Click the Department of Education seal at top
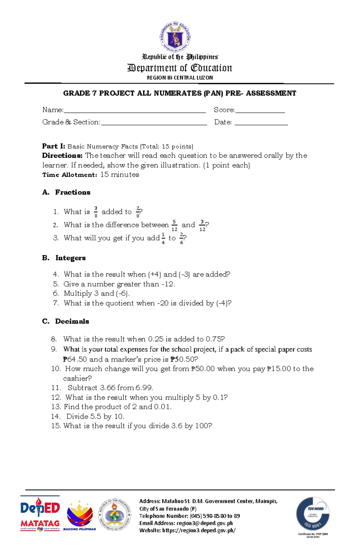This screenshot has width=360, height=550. [x=175, y=37]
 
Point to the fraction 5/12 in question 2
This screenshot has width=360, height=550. [x=174, y=225]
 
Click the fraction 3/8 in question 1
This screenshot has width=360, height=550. [x=96, y=212]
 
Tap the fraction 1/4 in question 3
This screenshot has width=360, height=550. [x=163, y=239]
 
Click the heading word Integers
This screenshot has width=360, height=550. [x=70, y=258]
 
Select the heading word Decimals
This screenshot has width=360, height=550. [x=72, y=321]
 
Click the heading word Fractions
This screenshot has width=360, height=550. [x=73, y=192]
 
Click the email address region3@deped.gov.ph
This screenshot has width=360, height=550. [x=205, y=523]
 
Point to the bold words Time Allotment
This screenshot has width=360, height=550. [x=70, y=175]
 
